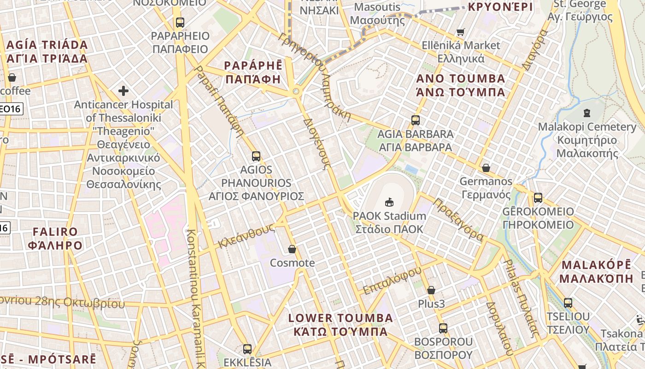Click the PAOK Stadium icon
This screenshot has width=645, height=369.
pyautogui.click(x=389, y=202)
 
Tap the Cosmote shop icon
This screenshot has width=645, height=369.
pyautogui.click(x=292, y=250)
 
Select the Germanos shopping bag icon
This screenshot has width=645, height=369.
pyautogui.click(x=486, y=168)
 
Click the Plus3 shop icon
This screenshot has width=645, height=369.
pyautogui.click(x=431, y=290)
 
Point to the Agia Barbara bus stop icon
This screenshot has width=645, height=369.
pyautogui.click(x=415, y=120)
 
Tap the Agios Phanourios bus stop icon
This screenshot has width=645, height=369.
pyautogui.click(x=256, y=156)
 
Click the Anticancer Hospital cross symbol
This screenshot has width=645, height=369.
pyautogui.click(x=123, y=91)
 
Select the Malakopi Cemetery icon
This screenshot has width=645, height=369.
pyautogui.click(x=586, y=113)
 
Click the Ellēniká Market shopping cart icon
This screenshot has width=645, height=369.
pyautogui.click(x=460, y=32)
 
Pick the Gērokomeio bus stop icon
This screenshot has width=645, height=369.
pyautogui.click(x=538, y=198)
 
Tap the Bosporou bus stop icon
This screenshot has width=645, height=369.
pyautogui.click(x=443, y=328)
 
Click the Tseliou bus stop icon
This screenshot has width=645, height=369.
pyautogui.click(x=568, y=303)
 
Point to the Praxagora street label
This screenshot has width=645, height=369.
pyautogui.click(x=458, y=220)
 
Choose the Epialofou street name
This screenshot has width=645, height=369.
pyautogui.click(x=392, y=280)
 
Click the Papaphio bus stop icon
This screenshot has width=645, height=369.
pyautogui.click(x=180, y=22)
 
